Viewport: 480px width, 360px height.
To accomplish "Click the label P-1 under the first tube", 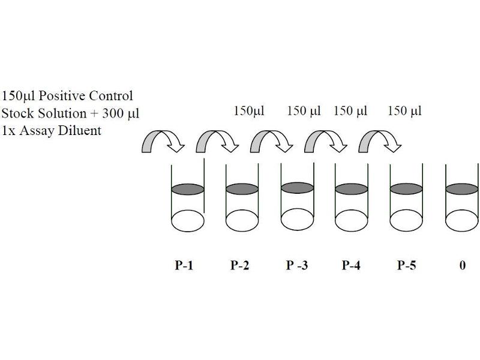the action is (x=184, y=265).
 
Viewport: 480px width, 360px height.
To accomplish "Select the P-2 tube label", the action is (x=239, y=265).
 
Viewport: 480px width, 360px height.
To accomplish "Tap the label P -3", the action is (x=297, y=265).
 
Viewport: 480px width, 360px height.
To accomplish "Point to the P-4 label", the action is (x=351, y=265).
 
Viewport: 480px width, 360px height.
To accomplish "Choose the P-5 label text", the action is (x=407, y=265).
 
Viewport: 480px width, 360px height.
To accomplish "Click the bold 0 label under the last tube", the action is (x=463, y=265).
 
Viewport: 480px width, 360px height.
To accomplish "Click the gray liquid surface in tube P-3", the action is (x=297, y=188).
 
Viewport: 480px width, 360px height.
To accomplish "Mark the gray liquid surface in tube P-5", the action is (x=406, y=189).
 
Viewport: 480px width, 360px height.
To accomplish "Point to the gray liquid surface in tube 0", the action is (x=462, y=189).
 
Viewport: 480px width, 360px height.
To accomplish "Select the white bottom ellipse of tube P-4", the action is (x=352, y=220).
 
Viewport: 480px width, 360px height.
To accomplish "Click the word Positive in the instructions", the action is (x=62, y=96).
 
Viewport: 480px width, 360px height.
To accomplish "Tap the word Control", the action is (x=111, y=96).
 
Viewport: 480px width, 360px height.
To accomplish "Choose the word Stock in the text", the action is (x=17, y=113).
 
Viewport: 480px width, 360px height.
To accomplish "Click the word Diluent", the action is (x=80, y=131).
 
